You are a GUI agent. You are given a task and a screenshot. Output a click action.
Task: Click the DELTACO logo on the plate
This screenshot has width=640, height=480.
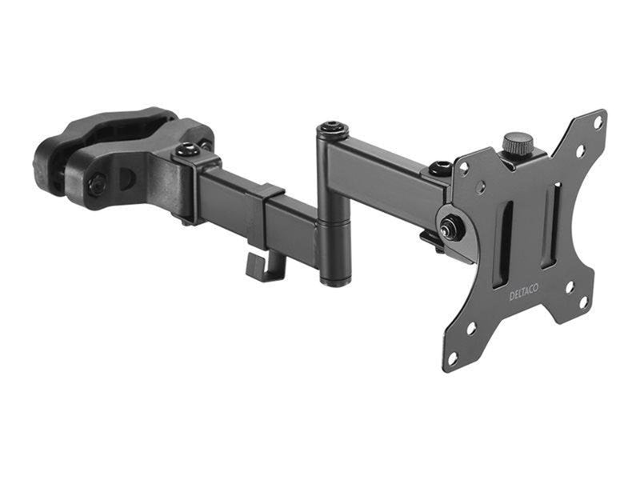click(x=524, y=292)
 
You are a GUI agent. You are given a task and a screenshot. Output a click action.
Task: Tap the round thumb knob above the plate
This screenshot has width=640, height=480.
click(x=518, y=142)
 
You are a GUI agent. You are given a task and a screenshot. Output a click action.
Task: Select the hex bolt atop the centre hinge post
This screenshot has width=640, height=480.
click(x=333, y=127)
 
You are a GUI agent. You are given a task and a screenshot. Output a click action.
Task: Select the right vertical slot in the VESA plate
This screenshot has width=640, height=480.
click(x=551, y=226)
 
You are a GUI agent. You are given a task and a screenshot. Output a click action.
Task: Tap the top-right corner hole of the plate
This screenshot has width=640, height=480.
click(x=598, y=122)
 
